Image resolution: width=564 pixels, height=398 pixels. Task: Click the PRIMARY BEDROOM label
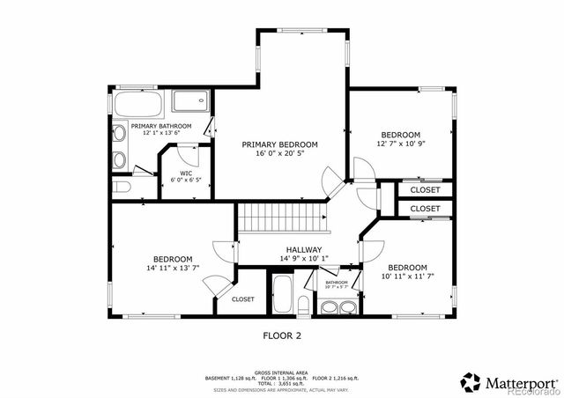[x=279, y=144]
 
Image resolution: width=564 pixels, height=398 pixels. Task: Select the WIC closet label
[x=186, y=173]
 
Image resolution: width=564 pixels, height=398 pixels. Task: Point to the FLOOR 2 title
[x=282, y=335]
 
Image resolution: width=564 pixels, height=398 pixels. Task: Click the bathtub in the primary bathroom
[x=137, y=107]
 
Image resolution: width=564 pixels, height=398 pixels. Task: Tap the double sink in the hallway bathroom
[x=338, y=307]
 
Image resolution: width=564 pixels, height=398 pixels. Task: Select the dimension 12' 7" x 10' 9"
[x=401, y=144]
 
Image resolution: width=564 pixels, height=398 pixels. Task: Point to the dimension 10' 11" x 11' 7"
[x=407, y=276]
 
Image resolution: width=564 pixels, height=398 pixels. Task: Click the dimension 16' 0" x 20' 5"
[x=279, y=153]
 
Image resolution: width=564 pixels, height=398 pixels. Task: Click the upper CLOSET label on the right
[x=425, y=189]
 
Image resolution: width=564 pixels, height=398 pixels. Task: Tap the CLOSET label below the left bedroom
[x=242, y=299]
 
